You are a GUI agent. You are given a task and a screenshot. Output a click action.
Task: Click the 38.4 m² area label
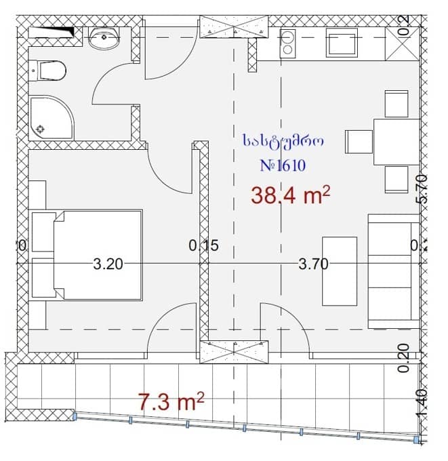(x=290, y=196)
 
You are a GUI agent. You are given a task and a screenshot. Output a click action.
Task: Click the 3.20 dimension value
(x=108, y=264)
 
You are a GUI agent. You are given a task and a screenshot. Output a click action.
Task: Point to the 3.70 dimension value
(x=313, y=264)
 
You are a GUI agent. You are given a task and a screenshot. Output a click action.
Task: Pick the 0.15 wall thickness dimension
(x=203, y=246)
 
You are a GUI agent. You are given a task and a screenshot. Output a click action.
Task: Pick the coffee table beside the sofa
(x=339, y=270)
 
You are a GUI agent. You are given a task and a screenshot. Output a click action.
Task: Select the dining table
(x=396, y=142)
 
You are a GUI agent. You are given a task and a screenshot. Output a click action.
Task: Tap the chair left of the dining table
(x=358, y=142)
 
